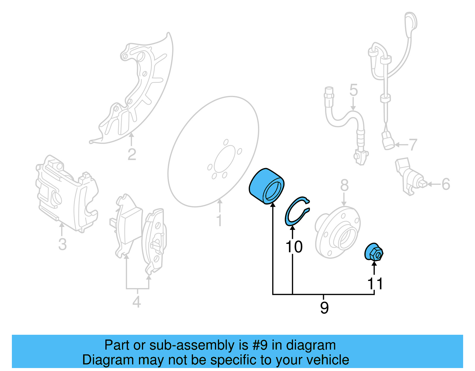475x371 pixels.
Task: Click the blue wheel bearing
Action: (266, 186)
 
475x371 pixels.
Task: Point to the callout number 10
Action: (294, 247)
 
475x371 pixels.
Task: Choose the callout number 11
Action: (375, 284)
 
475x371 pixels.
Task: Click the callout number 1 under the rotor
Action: (219, 220)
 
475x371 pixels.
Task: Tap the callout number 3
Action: (62, 244)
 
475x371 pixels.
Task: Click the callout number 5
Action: (353, 90)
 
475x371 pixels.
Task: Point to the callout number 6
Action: (446, 184)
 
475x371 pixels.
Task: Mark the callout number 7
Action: (413, 145)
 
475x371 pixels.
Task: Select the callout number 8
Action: (344, 185)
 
